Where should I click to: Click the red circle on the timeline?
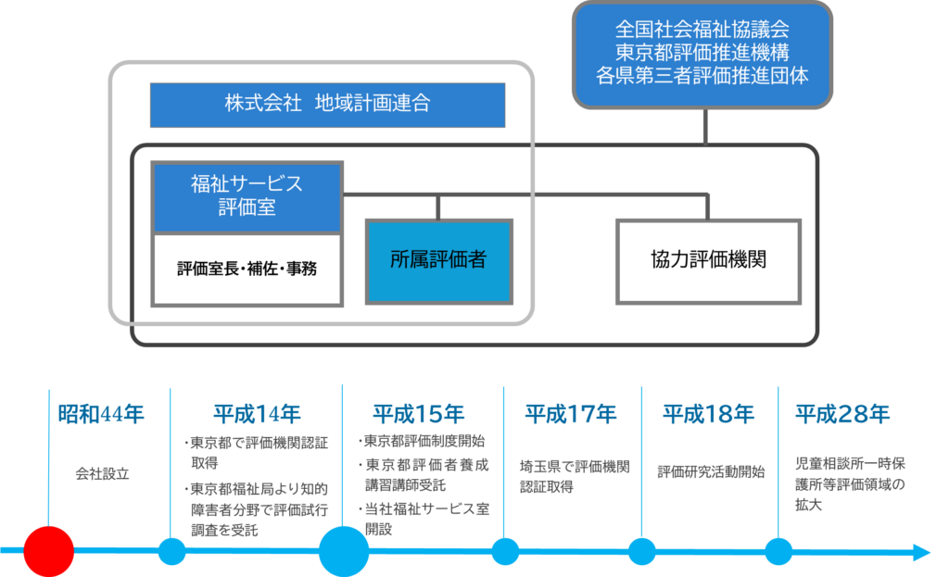click(48, 552)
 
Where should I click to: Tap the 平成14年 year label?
click(257, 414)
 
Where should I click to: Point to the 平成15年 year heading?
click(418, 414)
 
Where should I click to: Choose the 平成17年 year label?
click(570, 414)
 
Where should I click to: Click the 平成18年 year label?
click(708, 414)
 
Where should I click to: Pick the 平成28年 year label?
click(842, 414)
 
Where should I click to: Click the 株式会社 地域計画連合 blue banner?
click(327, 104)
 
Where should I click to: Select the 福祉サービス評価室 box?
click(247, 195)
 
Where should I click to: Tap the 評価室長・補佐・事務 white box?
click(247, 269)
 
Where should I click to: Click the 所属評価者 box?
click(438, 260)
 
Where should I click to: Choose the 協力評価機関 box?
click(709, 260)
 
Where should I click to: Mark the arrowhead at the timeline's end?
click(921, 553)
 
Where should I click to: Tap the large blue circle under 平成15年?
click(344, 552)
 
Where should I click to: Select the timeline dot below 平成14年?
click(171, 552)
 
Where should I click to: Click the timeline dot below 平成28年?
click(778, 552)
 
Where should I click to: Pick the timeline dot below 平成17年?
click(505, 552)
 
